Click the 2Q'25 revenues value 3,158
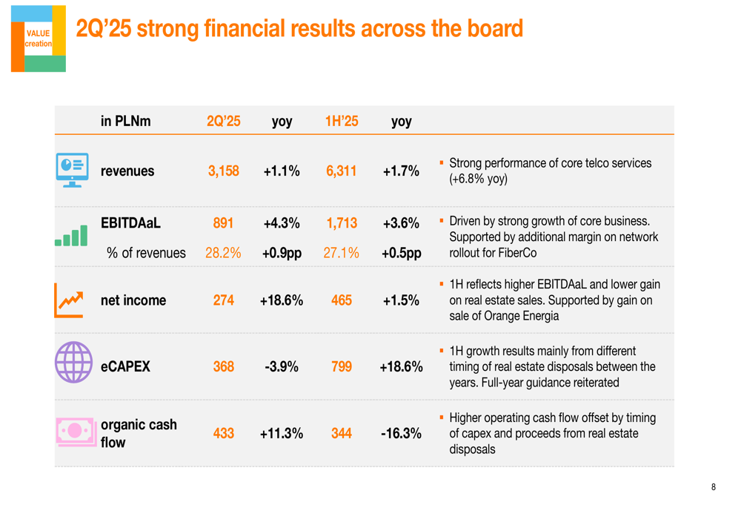[223, 171]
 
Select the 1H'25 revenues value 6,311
[341, 171]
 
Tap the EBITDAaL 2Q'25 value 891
[223, 223]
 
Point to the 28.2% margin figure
[223, 252]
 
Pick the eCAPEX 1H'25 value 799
[341, 366]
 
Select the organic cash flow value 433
[223, 434]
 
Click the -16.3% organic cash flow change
[402, 434]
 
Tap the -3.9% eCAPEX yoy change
[281, 366]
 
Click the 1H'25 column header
[341, 120]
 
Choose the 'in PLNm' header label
[126, 120]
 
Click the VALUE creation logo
[38, 39]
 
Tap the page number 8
[714, 487]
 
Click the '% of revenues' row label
[146, 252]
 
